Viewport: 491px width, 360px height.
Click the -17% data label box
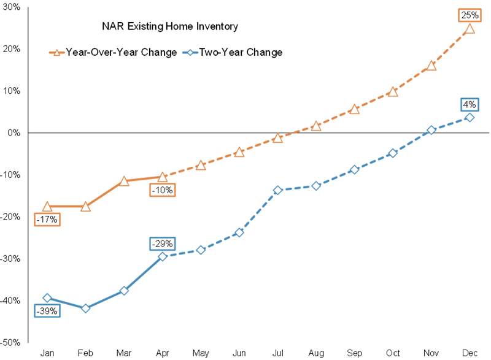[x=47, y=218]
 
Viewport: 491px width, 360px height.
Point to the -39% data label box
[x=47, y=311]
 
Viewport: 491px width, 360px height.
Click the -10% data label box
[x=162, y=190]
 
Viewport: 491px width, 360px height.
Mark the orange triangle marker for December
[x=470, y=29]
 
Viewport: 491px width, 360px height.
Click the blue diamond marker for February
[x=86, y=308]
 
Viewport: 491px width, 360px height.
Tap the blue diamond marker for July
[x=277, y=190]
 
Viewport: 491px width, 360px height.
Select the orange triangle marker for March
[x=124, y=181]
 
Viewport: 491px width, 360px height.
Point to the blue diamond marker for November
[x=431, y=130]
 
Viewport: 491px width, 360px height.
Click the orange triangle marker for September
[x=354, y=109]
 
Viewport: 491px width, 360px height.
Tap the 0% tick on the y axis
[x=13, y=132]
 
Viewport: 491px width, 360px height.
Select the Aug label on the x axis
[x=315, y=353]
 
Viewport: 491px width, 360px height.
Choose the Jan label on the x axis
[x=47, y=353]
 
